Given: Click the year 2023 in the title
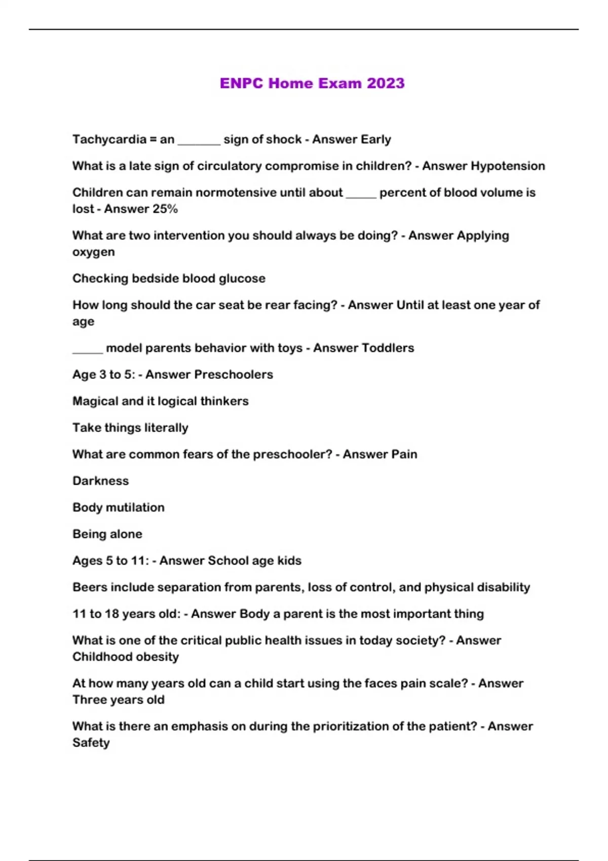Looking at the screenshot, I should coord(386,83).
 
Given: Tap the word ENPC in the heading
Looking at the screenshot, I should coord(242,83).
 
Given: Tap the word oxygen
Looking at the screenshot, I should coord(93,252).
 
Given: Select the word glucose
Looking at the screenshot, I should coord(242,279).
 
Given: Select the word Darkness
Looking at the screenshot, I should coord(100,481).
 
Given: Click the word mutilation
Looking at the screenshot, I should coord(135,507).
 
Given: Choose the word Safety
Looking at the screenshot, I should coord(91,743).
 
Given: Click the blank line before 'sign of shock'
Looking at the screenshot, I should coord(199,143).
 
